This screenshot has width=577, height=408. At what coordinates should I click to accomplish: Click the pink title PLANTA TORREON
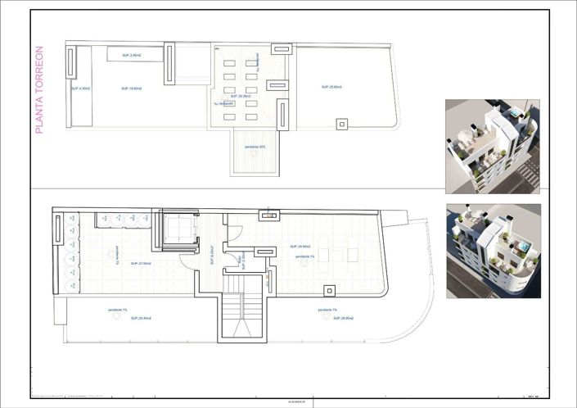pyautogui.click(x=39, y=90)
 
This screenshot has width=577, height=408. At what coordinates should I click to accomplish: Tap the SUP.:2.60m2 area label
pyautogui.click(x=131, y=55)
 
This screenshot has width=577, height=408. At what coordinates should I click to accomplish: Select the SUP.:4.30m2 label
pyautogui.click(x=80, y=88)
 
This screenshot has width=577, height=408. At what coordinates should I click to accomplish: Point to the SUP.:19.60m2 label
pyautogui.click(x=131, y=88)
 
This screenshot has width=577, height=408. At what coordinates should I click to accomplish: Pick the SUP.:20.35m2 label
pyautogui.click(x=240, y=95)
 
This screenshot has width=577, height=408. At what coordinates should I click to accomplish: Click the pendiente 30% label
pyautogui.click(x=255, y=147)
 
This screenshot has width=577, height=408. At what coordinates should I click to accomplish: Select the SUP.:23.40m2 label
pyautogui.click(x=128, y=317)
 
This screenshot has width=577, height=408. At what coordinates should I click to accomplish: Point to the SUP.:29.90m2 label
pyautogui.click(x=298, y=246)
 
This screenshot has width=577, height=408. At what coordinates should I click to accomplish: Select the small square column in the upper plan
pyautogui.click(x=341, y=124)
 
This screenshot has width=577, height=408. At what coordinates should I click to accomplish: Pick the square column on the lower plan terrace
pyautogui.click(x=329, y=290)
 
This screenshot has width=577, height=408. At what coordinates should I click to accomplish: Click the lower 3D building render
pyautogui.click(x=492, y=251)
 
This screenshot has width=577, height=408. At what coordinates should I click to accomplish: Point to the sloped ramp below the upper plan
pyautogui.click(x=255, y=156)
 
